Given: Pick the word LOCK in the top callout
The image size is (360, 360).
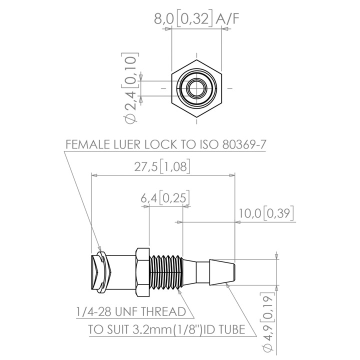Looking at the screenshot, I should coord(158,145).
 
